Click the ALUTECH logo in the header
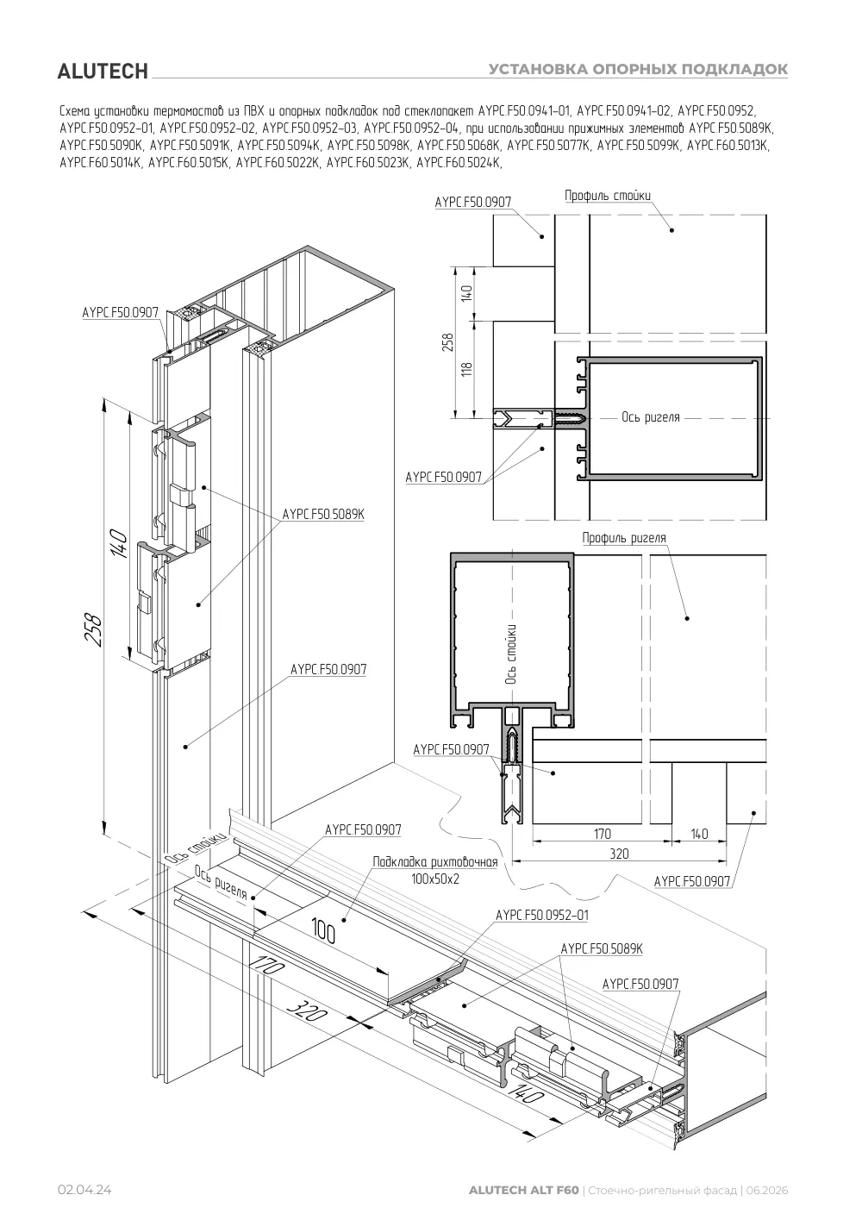pyautogui.click(x=103, y=72)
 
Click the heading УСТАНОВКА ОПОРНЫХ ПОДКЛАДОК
pyautogui.click(x=638, y=69)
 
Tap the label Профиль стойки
pyautogui.click(x=607, y=196)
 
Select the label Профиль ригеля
pyautogui.click(x=624, y=538)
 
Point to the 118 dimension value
pyautogui.click(x=466, y=369)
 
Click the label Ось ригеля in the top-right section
pyautogui.click(x=651, y=417)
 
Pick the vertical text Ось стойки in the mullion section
pyautogui.click(x=511, y=654)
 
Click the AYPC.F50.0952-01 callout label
pyautogui.click(x=542, y=915)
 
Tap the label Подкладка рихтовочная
pyautogui.click(x=435, y=861)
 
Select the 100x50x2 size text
pyautogui.click(x=435, y=879)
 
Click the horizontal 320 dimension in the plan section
pyautogui.click(x=619, y=854)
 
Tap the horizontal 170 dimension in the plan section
pyautogui.click(x=603, y=834)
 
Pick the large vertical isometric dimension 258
pyautogui.click(x=95, y=630)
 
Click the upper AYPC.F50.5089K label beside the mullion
pyautogui.click(x=323, y=514)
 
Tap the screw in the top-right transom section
pyautogui.click(x=570, y=419)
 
